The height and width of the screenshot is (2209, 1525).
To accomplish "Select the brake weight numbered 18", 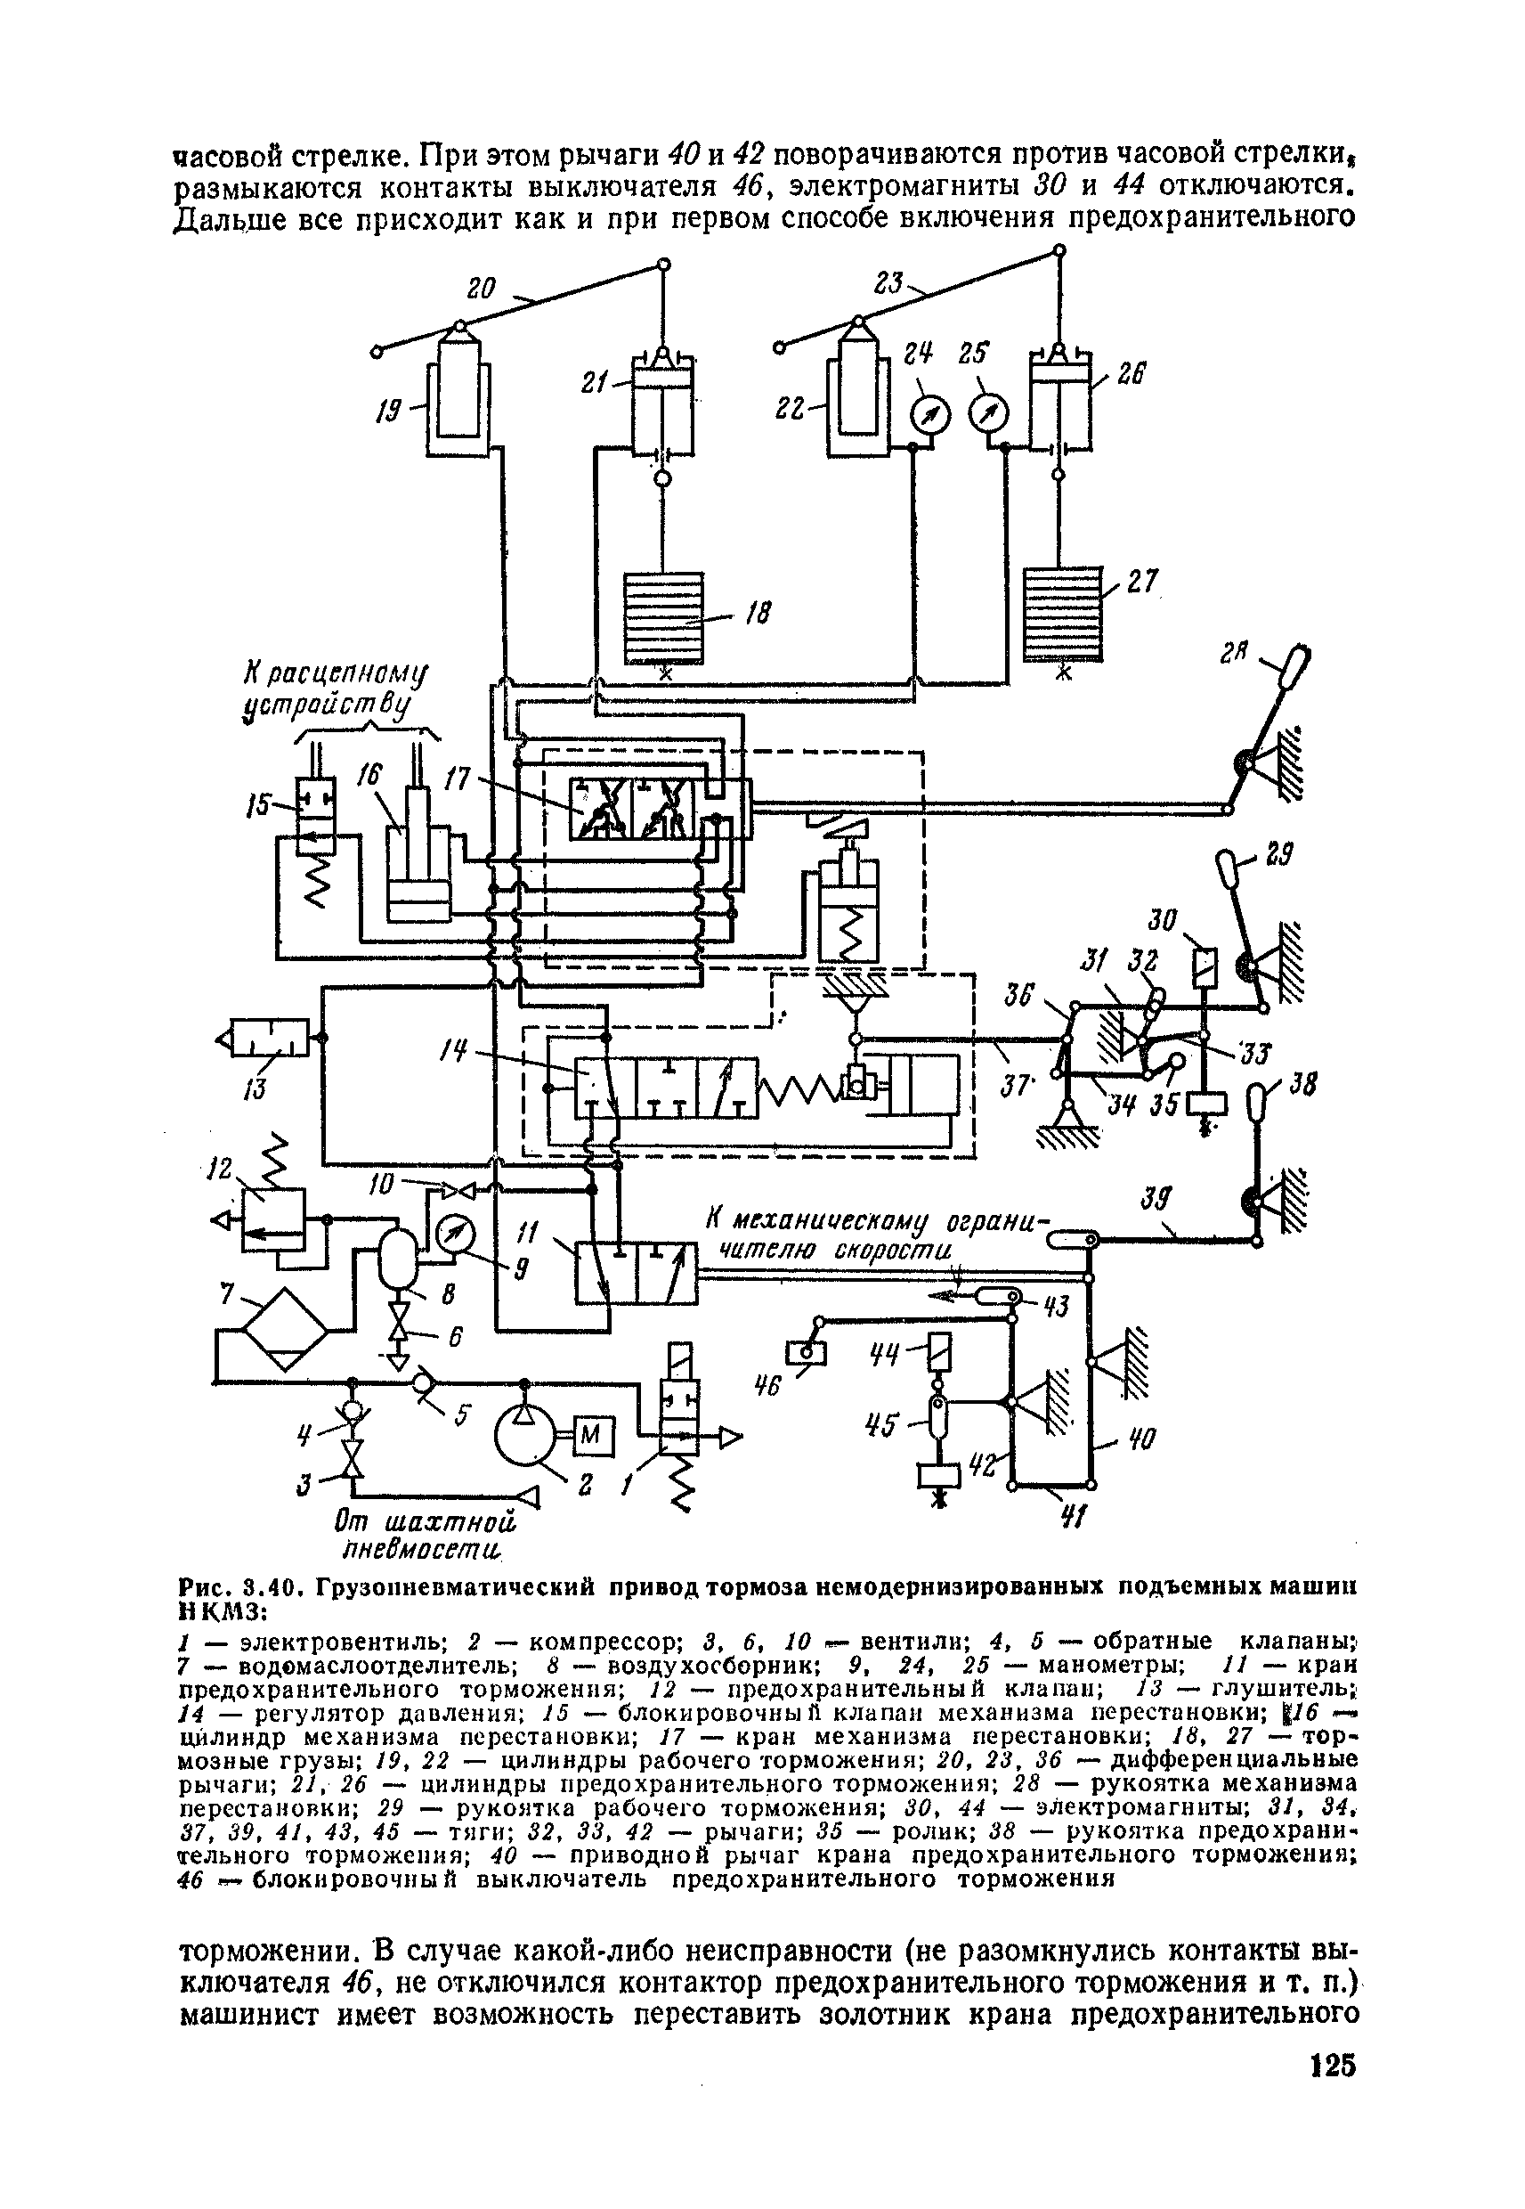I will [663, 616].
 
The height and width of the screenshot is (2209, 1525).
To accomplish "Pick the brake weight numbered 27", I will [1061, 614].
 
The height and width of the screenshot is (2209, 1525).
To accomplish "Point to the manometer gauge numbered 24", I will [929, 415].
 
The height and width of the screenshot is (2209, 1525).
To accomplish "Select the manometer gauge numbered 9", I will [454, 1237].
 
